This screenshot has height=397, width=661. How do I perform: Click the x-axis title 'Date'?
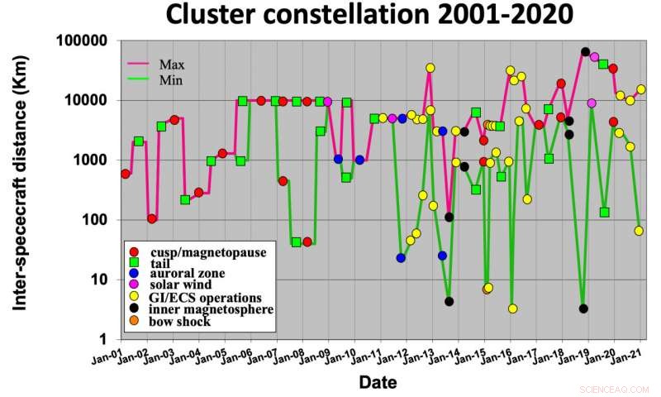pos(378,382)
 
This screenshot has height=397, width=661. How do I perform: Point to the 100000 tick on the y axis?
pos(83,41)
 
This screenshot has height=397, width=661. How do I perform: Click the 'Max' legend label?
pos(172,64)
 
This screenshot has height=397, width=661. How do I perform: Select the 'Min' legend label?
pos(171,80)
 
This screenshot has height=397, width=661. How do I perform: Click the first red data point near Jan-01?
pos(125,174)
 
